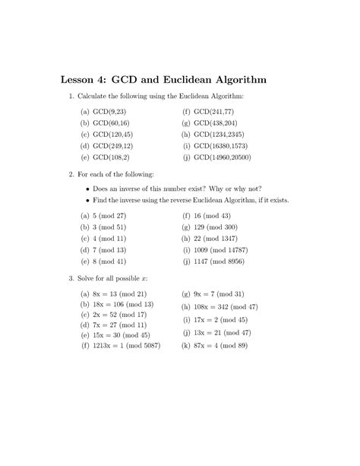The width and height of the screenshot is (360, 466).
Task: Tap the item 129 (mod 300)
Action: tap(219, 227)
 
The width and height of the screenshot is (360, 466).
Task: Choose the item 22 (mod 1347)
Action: tap(220, 238)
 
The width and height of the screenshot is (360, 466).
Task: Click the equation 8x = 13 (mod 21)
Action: tap(119, 293)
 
